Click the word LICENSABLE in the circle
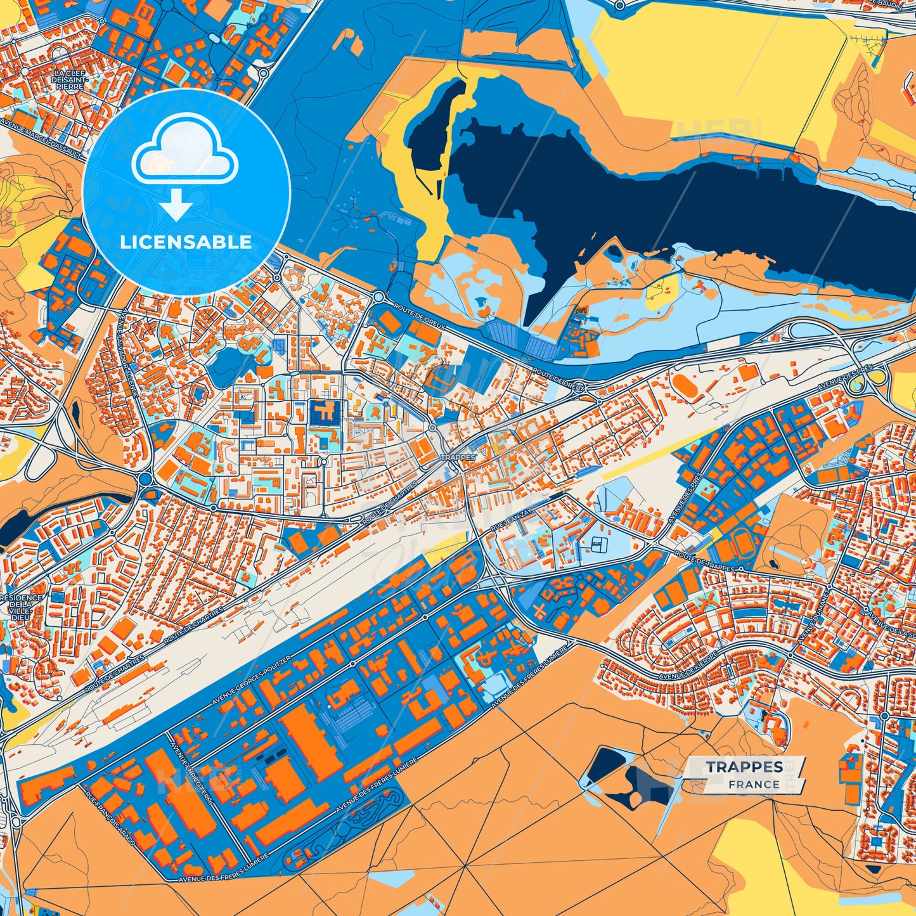tap(186, 242)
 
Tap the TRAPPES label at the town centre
tap(457, 457)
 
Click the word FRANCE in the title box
tap(754, 784)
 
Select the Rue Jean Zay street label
tap(509, 521)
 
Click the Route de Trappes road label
tap(704, 562)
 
